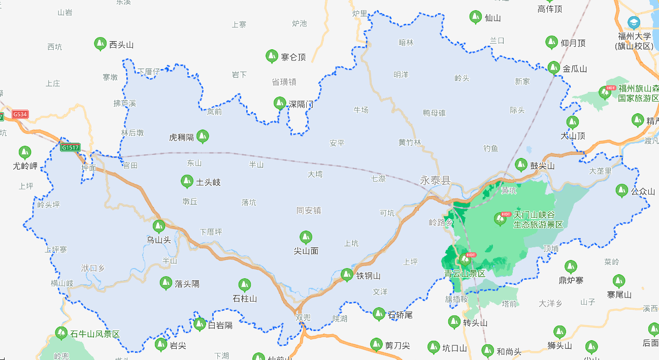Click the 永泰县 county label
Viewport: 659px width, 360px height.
tap(435, 180)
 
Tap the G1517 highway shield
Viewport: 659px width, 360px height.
tap(70, 148)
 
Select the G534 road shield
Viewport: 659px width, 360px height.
tap(20, 114)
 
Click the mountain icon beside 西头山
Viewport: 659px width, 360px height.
tap(100, 44)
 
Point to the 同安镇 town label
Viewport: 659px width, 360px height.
tap(309, 210)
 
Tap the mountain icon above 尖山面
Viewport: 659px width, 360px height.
tap(305, 237)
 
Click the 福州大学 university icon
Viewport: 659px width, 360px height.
tap(634, 22)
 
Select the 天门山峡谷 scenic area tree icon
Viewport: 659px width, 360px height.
tap(500, 218)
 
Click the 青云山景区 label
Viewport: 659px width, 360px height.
tap(465, 273)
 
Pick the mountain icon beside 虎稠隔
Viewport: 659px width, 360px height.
tap(203, 136)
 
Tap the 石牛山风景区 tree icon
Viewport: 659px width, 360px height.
tap(61, 333)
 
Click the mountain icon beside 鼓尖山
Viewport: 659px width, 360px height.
tap(521, 165)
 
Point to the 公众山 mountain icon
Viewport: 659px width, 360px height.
tap(621, 190)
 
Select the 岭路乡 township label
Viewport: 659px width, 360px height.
tap(441, 222)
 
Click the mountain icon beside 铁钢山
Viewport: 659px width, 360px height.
tap(347, 275)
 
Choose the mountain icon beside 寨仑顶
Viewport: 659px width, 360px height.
tap(272, 56)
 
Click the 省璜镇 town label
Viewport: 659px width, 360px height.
tap(284, 82)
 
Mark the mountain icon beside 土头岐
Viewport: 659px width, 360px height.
tap(187, 181)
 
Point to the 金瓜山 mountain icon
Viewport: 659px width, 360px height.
tap(553, 68)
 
